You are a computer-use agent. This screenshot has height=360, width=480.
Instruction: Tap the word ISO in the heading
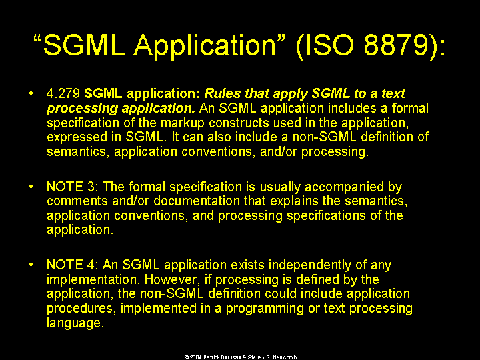click(329, 45)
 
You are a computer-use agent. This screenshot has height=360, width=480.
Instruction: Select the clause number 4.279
click(63, 93)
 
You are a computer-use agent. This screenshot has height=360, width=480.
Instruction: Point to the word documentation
click(197, 201)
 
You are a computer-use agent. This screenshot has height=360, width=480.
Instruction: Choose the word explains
click(294, 201)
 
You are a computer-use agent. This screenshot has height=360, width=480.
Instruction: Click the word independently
click(309, 265)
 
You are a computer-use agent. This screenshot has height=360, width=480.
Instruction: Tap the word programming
click(265, 309)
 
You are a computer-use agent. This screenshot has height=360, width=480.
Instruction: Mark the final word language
click(75, 323)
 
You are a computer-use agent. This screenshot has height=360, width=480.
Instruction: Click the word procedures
click(81, 309)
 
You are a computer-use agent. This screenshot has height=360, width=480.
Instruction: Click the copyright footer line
click(241, 357)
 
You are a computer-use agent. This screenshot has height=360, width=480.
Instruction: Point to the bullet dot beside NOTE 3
click(31, 187)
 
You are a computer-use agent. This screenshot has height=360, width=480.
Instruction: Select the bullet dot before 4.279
click(31, 93)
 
